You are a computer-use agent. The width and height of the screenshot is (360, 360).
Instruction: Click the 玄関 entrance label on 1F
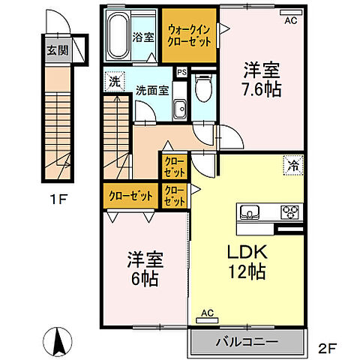(58, 52)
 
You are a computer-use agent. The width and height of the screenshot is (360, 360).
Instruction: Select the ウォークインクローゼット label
(189, 34)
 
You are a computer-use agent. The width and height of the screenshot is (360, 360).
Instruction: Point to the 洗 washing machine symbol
(112, 82)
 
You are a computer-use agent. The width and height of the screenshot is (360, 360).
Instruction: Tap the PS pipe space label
(181, 73)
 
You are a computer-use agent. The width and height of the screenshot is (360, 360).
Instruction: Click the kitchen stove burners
(291, 211)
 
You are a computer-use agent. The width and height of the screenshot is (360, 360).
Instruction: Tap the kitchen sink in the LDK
(247, 212)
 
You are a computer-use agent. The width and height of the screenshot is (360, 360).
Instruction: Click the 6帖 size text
(145, 280)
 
